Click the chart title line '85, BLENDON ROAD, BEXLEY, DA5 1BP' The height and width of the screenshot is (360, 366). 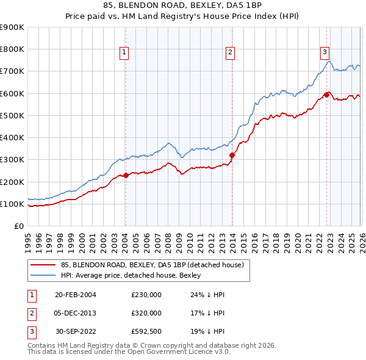click(183, 7)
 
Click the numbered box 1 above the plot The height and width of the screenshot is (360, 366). click(124, 52)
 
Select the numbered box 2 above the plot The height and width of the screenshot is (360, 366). click(231, 52)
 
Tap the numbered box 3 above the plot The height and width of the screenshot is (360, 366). click(325, 52)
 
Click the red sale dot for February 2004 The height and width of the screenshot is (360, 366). click(126, 175)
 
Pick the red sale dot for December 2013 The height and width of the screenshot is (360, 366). click(232, 155)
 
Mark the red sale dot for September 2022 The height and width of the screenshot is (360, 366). click(327, 95)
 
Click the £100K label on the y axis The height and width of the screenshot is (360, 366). click(12, 204)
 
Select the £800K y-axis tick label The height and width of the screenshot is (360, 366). click(12, 49)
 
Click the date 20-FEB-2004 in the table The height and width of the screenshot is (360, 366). click(75, 295)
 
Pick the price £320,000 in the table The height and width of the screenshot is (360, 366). click(146, 313)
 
